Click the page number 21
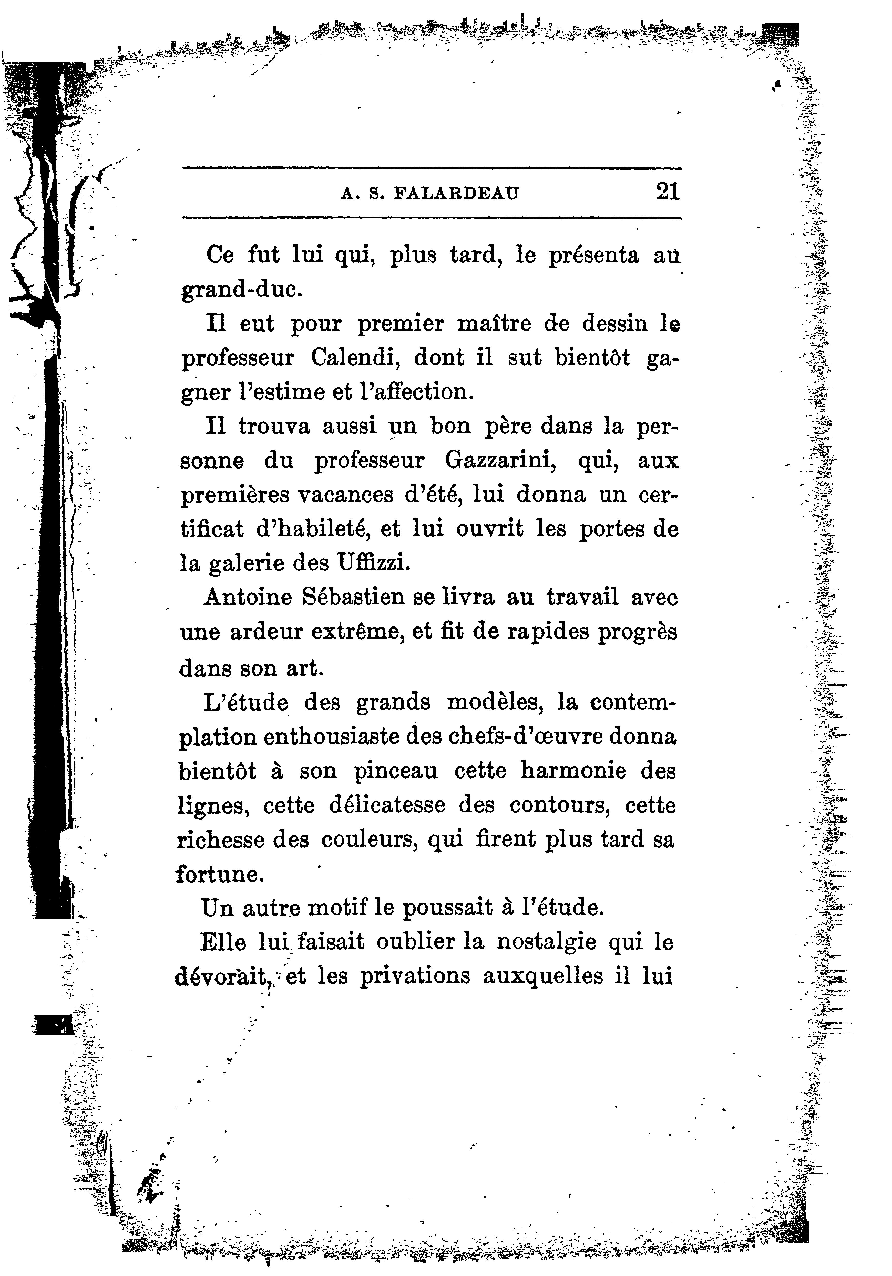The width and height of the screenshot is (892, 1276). click(667, 192)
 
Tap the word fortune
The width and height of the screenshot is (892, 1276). click(220, 874)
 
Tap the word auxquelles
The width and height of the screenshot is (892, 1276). click(542, 976)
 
